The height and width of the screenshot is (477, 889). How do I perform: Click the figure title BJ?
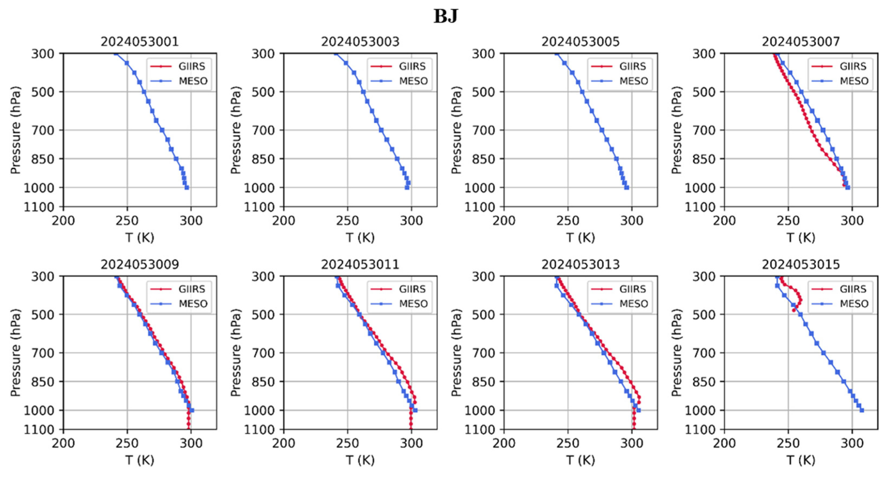[x=445, y=16]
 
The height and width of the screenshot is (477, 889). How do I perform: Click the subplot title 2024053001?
[x=140, y=42]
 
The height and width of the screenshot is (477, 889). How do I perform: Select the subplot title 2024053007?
[x=801, y=42]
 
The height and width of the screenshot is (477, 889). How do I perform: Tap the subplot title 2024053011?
[x=360, y=264]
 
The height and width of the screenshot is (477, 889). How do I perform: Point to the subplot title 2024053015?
[x=801, y=264]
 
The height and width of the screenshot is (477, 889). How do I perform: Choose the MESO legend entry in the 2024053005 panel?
[x=634, y=81]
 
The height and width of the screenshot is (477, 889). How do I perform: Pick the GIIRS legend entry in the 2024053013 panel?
[x=632, y=289]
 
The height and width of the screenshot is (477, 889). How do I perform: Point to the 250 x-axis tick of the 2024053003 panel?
[x=347, y=221]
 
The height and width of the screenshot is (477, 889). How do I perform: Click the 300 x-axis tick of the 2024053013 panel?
[x=632, y=443]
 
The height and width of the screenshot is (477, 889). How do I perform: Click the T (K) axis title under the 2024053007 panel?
[x=801, y=238]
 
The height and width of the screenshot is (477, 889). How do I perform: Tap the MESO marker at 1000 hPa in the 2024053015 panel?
[x=862, y=410]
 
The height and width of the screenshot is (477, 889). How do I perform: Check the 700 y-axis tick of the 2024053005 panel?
[x=483, y=130]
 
